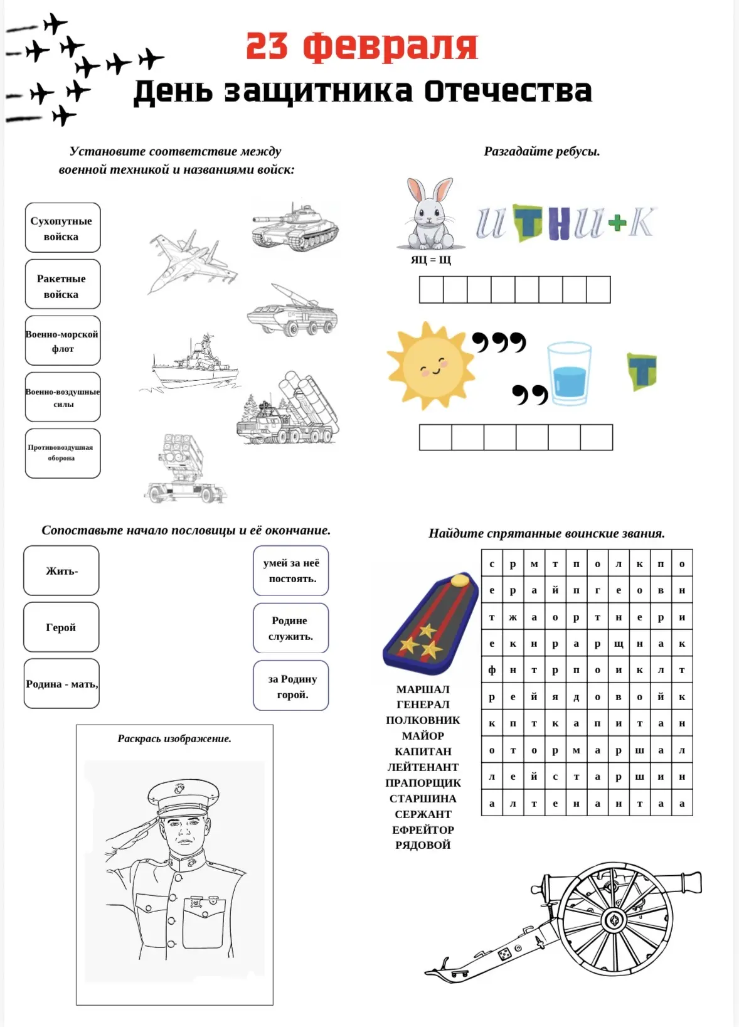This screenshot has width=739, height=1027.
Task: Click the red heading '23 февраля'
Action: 361,46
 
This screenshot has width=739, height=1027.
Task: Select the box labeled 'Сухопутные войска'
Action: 62,228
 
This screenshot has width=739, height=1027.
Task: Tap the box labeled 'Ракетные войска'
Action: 62,285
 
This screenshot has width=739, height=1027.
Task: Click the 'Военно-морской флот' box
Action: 62,341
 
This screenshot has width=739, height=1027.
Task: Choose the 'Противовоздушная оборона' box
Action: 62,453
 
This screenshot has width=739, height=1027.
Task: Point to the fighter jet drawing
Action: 192,261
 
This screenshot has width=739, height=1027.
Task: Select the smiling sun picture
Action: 430,366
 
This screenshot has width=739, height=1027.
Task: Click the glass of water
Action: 569,373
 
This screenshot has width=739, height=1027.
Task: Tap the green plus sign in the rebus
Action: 617,223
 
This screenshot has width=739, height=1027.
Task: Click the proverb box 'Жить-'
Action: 61,571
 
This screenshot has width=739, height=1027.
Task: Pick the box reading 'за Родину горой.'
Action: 291,686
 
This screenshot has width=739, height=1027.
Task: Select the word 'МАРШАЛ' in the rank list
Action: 423,689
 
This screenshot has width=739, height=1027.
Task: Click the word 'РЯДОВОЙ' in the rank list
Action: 423,845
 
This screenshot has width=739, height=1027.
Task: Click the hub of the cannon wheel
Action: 614,920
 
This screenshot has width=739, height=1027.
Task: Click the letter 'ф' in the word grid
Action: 492,670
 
